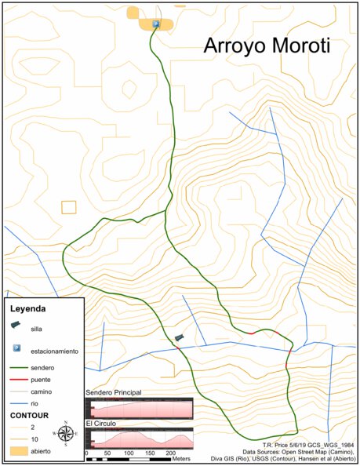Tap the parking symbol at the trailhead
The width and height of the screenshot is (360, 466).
coord(156,25)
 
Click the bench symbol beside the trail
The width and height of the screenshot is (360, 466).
coord(180,338)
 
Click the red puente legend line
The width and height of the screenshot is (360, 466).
coord(18,379)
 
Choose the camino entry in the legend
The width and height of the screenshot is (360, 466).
coord(41,391)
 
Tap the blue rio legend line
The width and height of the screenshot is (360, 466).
coord(18,402)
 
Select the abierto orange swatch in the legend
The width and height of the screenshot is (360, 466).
coord(18,451)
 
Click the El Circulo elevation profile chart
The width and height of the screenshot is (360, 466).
coord(139,438)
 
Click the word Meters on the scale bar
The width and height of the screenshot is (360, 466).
coord(182,458)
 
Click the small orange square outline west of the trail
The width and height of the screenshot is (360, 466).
coord(69,207)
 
